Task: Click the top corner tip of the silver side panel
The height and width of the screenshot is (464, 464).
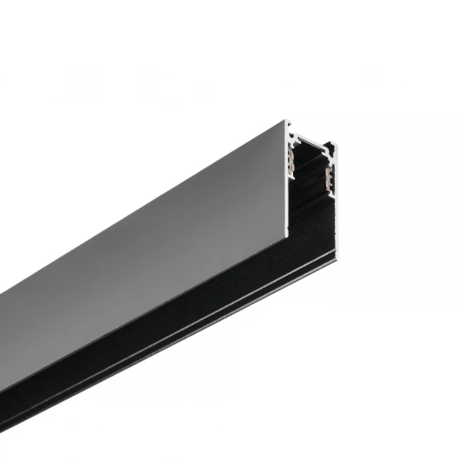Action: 287,120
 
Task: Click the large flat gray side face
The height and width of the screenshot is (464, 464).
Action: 157,235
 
